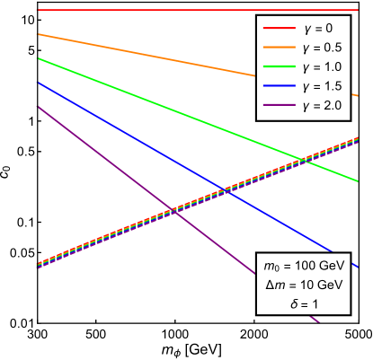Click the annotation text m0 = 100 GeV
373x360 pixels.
pyautogui.click(x=304, y=267)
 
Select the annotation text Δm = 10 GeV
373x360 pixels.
pyautogui.click(x=304, y=285)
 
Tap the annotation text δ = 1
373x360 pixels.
pyautogui.click(x=304, y=304)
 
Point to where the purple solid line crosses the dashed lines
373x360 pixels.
pyautogui.click(x=173, y=211)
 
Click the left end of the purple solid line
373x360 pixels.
pyautogui.click(x=37, y=106)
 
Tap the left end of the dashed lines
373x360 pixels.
pyautogui.click(x=37, y=266)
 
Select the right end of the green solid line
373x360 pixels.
pyautogui.click(x=359, y=180)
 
